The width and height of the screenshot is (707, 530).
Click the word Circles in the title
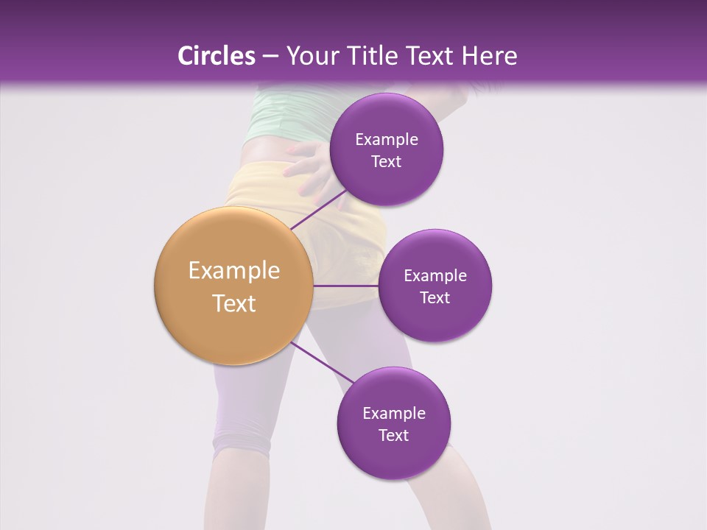point(217,56)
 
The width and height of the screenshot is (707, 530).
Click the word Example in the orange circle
point(234,271)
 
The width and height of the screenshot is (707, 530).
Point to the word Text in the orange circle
point(234,303)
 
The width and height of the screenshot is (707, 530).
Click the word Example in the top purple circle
point(387,140)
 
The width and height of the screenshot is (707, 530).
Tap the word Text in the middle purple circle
point(435,298)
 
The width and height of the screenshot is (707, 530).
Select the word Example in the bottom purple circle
point(394,414)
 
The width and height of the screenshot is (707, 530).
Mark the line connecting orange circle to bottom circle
point(322,364)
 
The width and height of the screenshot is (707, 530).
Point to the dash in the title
point(270,57)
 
